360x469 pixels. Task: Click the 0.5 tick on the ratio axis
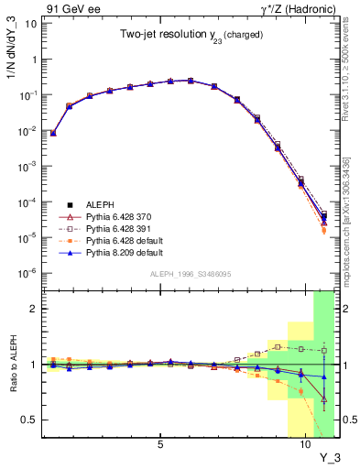point(30,420)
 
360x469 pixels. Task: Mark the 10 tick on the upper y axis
point(30,23)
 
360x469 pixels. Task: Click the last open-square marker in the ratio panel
point(324,350)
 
